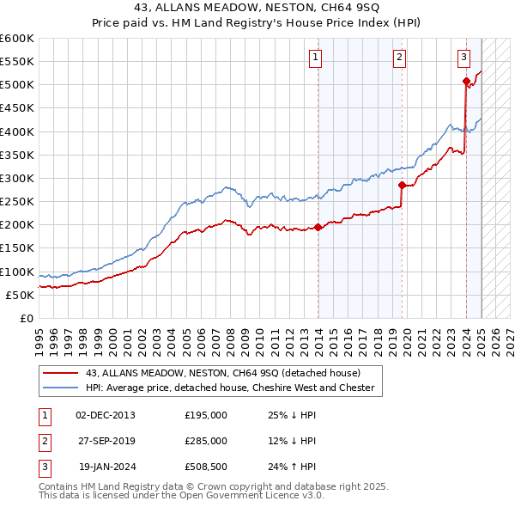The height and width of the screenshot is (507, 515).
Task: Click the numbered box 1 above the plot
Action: pos(315,58)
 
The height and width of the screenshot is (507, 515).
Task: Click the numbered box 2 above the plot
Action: pos(400,58)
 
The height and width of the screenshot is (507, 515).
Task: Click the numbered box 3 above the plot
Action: pos(463,58)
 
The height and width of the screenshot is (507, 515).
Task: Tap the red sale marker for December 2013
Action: pos(318,227)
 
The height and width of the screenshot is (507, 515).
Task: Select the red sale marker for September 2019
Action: pos(402,185)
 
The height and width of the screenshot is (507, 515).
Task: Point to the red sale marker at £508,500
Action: pos(466,82)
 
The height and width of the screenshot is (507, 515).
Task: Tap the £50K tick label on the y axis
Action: pos(21,295)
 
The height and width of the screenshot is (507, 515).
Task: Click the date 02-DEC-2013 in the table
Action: pos(105,415)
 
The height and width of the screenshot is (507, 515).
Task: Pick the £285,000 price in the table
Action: pos(206,441)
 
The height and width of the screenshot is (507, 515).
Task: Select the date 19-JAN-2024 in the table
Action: pos(106,467)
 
